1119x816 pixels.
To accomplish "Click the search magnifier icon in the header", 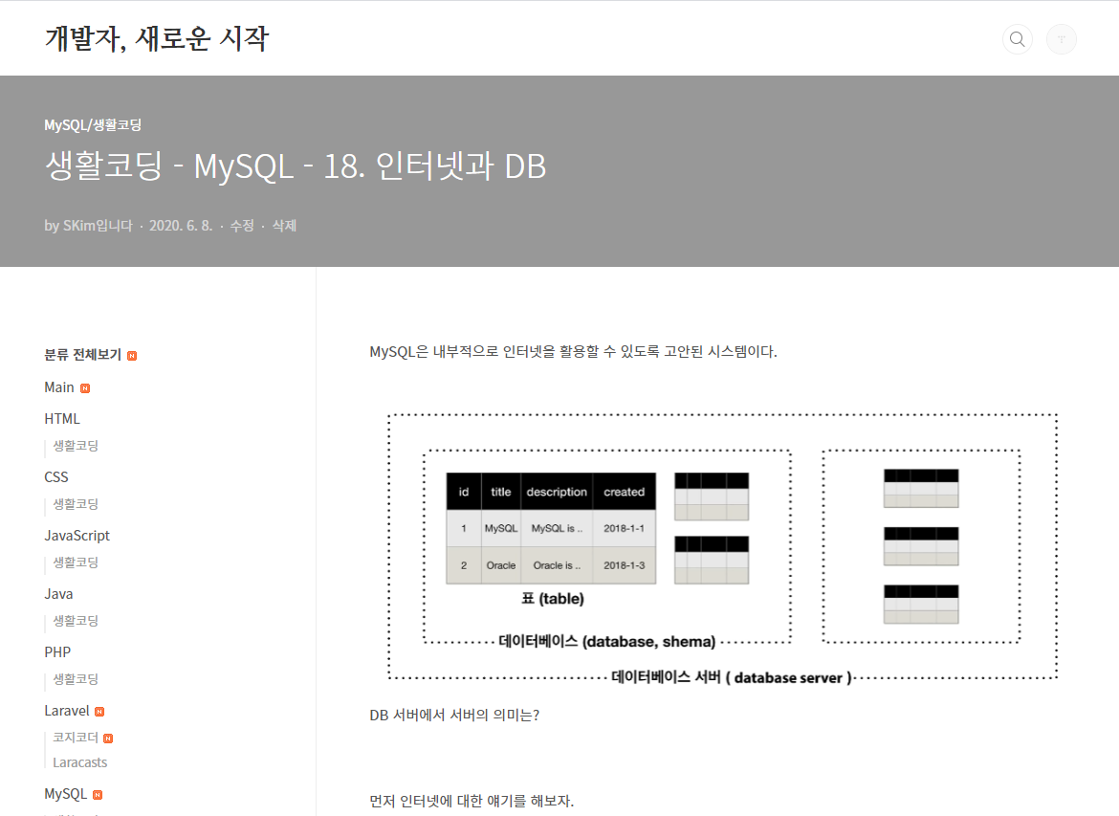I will click(x=1017, y=39).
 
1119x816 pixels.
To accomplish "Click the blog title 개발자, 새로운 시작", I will click(x=157, y=39).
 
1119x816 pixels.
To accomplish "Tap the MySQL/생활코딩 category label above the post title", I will click(x=93, y=124).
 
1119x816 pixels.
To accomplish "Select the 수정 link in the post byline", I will click(x=242, y=226).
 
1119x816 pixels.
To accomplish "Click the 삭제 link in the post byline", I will click(x=284, y=226).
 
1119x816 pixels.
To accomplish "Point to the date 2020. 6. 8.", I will click(x=181, y=226).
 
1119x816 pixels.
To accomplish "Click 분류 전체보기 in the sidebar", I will click(x=82, y=355).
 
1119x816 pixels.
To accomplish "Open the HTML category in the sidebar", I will click(x=62, y=419).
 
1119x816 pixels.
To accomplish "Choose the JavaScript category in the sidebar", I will click(x=77, y=536).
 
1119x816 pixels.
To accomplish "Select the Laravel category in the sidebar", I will click(x=67, y=711).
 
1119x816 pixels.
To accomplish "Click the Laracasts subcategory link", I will click(x=79, y=762).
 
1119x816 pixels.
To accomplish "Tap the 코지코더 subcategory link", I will click(x=76, y=738).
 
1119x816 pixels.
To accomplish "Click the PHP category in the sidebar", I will click(x=57, y=652).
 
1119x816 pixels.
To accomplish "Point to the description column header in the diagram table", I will click(x=557, y=492).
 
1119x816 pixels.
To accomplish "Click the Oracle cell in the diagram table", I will click(x=501, y=565).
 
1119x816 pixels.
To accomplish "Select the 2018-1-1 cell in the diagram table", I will click(x=624, y=528).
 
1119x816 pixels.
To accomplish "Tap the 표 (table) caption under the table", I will click(x=552, y=599).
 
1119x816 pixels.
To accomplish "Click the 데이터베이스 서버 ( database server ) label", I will click(x=731, y=677).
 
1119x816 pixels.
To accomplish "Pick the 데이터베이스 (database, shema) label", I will click(x=607, y=642).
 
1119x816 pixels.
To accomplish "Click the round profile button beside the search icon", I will click(x=1062, y=39).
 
